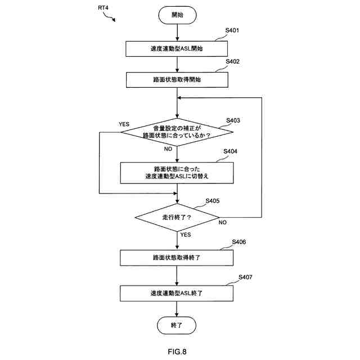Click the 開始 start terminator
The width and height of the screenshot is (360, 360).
pos(177,15)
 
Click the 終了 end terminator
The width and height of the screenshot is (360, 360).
pos(177,325)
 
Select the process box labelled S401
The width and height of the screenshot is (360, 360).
pos(177,49)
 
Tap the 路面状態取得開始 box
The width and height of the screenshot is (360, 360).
pos(177,80)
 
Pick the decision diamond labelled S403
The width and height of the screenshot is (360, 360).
pos(177,132)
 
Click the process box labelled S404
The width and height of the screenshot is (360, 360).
pos(177,173)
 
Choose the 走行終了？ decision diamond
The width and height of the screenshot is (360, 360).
pos(177,217)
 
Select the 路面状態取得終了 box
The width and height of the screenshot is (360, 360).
pos(177,258)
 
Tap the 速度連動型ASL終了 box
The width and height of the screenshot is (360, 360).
pos(177,293)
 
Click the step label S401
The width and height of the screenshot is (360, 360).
pos(232,30)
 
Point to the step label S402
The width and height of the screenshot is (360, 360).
pos(232,61)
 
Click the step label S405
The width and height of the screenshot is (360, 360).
pos(213,201)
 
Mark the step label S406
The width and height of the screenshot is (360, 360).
pos(238,242)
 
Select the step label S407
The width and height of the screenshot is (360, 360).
pos(245,277)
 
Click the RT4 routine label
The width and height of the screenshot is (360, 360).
pos(103,8)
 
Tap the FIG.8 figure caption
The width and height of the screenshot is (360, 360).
pos(177,352)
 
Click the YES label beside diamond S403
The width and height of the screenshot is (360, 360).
pos(124,124)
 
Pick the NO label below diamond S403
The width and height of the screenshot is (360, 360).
pos(168,149)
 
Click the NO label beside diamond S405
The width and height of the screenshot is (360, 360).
pos(223,223)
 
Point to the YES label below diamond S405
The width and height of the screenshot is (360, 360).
pos(186,235)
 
